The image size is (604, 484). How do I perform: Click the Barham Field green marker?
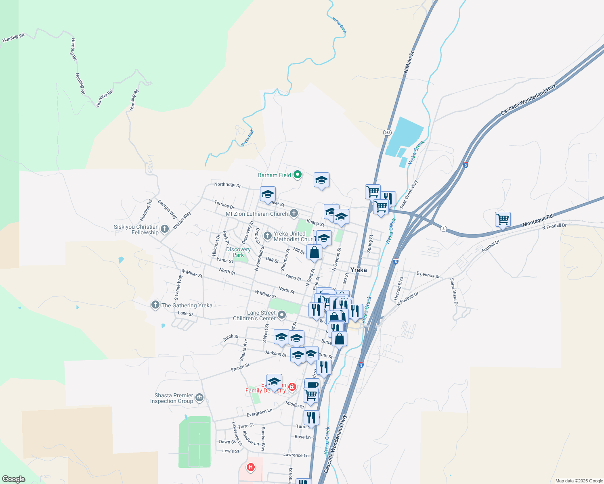pos(298,175)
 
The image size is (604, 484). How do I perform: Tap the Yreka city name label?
pos(359,270)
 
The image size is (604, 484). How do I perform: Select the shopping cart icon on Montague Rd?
pos(503,220)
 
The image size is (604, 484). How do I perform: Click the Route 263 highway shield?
pos(387,132)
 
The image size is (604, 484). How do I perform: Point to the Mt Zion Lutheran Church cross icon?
pos(294,213)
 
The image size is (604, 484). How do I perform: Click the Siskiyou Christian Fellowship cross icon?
pos(164,229)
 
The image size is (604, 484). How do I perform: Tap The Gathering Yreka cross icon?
pos(155,305)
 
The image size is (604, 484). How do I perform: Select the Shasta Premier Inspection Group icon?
pos(199,398)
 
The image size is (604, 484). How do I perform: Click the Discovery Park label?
pos(238,252)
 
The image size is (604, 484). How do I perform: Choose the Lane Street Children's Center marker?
pos(282,315)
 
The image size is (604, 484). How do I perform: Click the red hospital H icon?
pos(251,467)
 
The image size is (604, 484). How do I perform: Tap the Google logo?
pos(13,479)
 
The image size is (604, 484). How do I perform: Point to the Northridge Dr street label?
pos(227,185)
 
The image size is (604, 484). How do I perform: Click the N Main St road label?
pos(409,62)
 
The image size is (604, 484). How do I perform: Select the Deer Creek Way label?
pos(409,194)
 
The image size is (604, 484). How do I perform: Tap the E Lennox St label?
pos(428,275)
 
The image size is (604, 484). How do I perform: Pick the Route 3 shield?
pos(443,229)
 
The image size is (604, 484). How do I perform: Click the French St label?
pos(240,367)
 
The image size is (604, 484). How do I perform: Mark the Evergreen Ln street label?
pos(259,412)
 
